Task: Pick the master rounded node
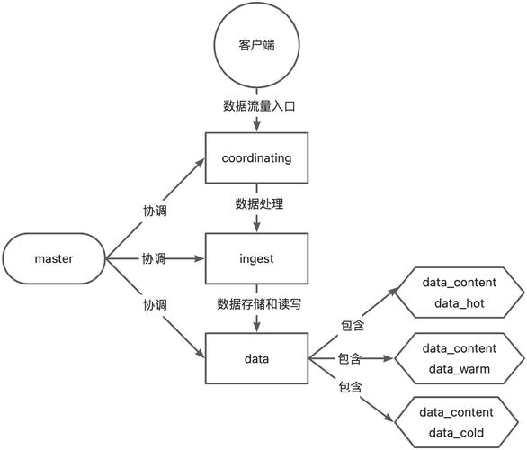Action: pos(54,258)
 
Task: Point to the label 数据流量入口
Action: pos(259,106)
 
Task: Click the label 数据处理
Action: pos(259,205)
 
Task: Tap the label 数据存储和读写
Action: pos(259,304)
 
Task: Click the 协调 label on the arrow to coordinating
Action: pos(155,211)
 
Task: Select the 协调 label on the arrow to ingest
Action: pos(154,258)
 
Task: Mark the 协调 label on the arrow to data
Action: pos(155,305)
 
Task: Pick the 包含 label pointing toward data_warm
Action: pos(349,358)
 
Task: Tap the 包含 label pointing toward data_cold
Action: pos(350,387)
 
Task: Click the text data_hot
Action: pos(459,303)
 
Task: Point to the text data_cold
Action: pos(459,434)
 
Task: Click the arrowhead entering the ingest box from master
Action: pos(201,258)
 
